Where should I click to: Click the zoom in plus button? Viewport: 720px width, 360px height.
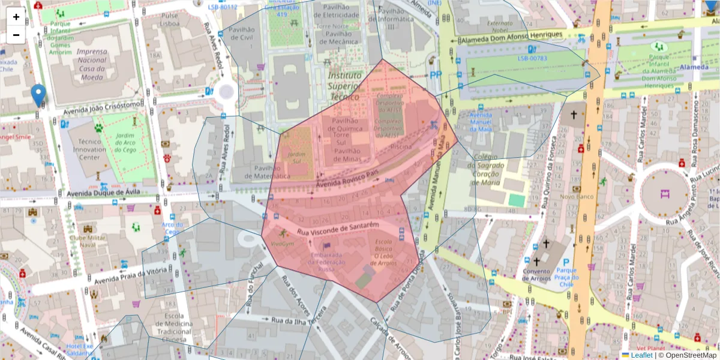click(16, 17)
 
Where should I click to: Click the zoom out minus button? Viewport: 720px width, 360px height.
click(16, 35)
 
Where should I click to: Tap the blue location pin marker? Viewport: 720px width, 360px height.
click(38, 95)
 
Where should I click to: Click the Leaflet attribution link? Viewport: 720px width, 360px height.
click(641, 355)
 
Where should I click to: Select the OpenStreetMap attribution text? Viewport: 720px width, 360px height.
click(691, 355)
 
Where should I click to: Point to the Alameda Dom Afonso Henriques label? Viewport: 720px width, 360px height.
click(511, 37)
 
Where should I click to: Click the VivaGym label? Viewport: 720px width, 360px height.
click(282, 244)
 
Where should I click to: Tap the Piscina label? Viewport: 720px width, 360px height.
click(401, 146)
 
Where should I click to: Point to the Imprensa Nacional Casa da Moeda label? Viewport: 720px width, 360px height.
click(92, 64)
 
